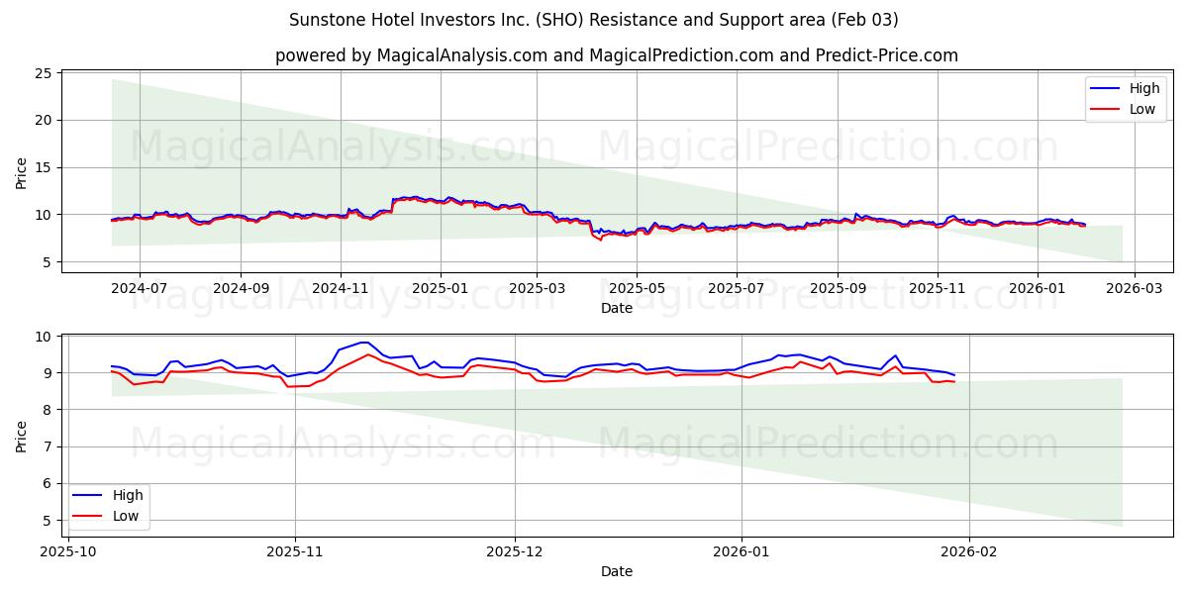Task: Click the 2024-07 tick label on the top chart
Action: (139, 287)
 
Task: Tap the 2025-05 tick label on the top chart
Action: (636, 287)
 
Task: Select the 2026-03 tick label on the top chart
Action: (1135, 287)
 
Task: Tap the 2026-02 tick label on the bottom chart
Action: (969, 550)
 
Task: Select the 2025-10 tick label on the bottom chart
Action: (67, 550)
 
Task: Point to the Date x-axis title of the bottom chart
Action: (616, 571)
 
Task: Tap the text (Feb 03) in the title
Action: (866, 20)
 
